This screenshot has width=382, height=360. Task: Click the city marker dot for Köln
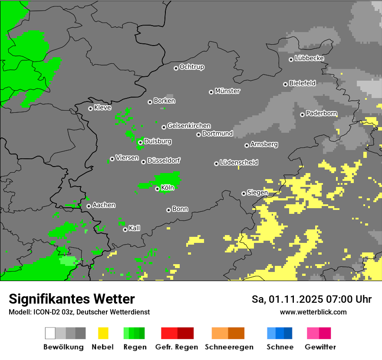157,189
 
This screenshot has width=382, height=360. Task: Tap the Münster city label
227,91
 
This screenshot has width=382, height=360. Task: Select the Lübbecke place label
309,58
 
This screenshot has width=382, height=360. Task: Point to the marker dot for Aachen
89,206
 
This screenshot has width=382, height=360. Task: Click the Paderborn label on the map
321,113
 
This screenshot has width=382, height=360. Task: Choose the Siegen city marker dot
244,193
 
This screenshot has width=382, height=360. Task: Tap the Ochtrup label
192,67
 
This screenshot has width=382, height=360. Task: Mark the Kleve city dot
90,108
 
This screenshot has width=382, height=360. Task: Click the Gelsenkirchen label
189,126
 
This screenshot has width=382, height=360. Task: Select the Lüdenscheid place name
239,162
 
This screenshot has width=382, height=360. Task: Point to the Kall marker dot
125,229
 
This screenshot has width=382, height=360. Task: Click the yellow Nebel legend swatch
103,333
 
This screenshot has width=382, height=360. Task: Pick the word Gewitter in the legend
320,347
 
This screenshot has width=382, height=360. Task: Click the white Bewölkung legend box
50,333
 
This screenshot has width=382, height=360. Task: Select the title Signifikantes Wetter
72,299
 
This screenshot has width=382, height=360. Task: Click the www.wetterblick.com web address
313,312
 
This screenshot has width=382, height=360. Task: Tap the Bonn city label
180,209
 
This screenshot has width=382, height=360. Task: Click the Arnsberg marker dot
247,145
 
